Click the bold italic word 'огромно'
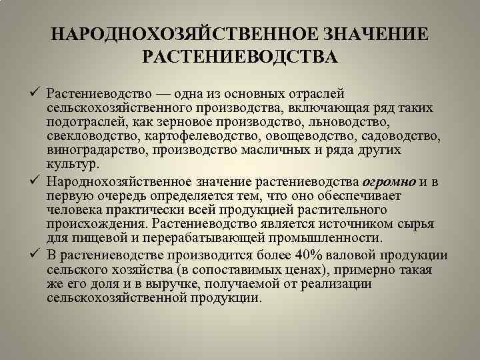pyautogui.click(x=389, y=181)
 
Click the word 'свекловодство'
pyautogui.click(x=88, y=137)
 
